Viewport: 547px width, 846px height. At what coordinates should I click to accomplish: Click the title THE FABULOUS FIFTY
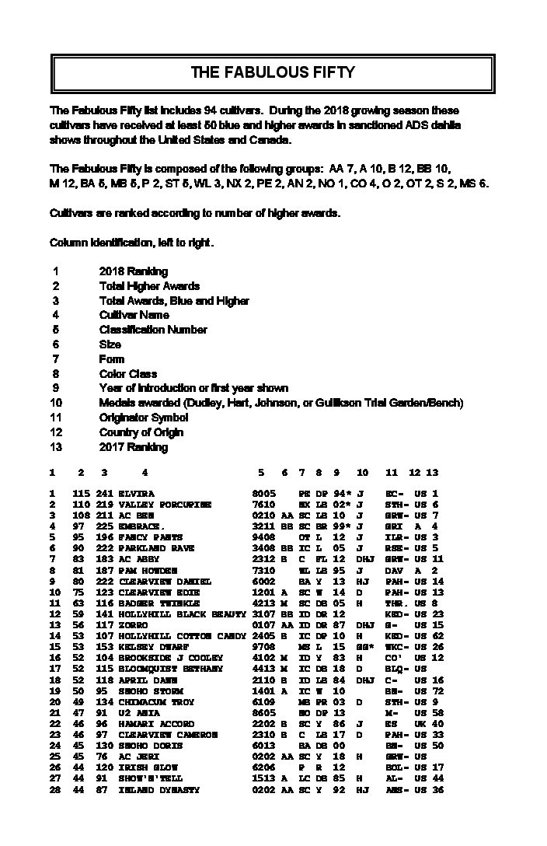point(273,73)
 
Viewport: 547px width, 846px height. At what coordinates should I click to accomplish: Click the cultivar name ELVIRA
point(136,494)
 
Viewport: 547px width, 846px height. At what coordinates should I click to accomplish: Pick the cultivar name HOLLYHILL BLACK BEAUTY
point(182,614)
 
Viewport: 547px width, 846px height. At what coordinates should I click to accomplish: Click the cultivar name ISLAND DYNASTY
point(159,790)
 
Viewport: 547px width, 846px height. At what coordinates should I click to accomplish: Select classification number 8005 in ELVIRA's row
point(264,494)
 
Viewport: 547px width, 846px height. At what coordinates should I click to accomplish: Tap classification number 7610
point(264,505)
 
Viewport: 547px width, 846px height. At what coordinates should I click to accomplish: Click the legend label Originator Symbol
point(144,418)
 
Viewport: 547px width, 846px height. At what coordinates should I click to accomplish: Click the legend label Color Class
point(127,374)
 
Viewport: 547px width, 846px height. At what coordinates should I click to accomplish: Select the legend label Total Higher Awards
point(149,286)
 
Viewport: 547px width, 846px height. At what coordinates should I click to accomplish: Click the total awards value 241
point(105,494)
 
